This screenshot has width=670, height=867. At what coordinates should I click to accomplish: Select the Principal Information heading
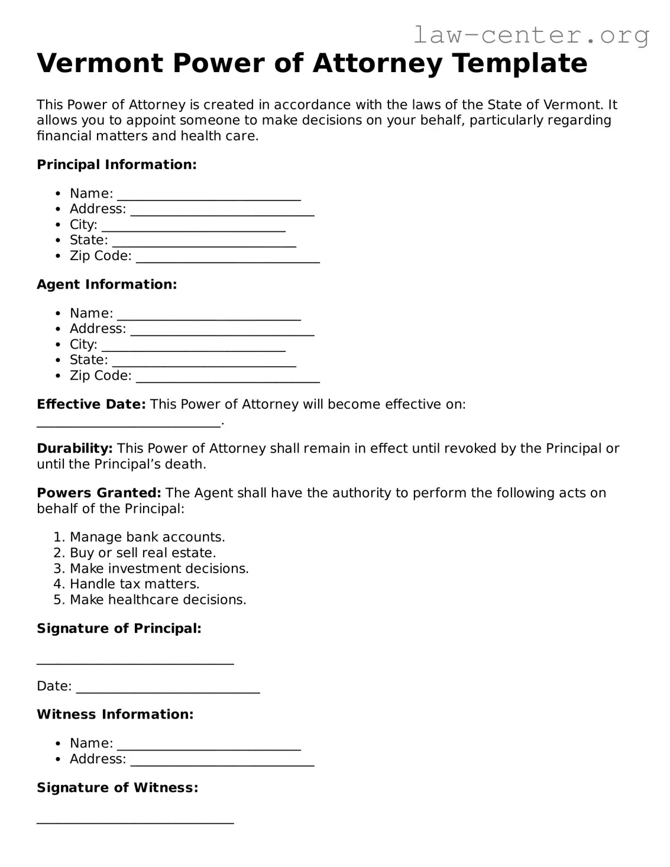point(116,164)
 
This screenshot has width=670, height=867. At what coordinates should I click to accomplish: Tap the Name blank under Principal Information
point(209,195)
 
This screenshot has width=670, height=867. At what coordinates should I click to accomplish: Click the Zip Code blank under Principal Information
point(228,257)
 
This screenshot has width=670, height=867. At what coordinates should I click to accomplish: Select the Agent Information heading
point(107,284)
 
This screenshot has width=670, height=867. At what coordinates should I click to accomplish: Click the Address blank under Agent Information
point(222,330)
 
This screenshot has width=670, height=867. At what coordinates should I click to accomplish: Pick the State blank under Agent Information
point(204,361)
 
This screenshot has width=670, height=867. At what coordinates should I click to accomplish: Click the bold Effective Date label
point(91,405)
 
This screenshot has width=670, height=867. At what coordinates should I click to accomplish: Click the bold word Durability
point(75,448)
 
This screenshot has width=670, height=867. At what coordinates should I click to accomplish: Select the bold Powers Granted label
point(99,493)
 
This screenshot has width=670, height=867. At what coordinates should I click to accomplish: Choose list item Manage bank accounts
point(147,537)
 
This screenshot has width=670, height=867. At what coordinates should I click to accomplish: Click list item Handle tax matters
point(134,584)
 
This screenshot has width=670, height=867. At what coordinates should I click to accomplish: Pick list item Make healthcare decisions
point(158,600)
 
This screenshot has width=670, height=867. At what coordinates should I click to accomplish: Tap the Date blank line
point(168,688)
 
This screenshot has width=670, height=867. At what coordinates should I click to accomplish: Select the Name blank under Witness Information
point(209,745)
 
